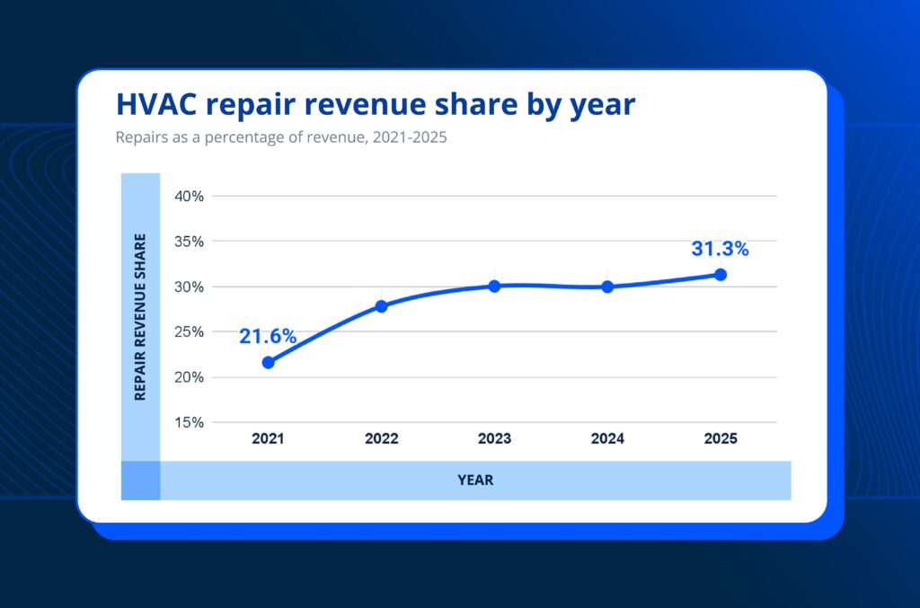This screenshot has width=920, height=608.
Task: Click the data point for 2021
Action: [x=268, y=362]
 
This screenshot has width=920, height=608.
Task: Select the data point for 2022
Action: [x=381, y=305]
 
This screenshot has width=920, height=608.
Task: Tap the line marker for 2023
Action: [x=494, y=286]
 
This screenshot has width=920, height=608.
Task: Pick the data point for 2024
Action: [x=607, y=286]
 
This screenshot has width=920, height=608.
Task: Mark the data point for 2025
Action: [x=721, y=274]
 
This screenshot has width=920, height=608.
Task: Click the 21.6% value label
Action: [x=267, y=336]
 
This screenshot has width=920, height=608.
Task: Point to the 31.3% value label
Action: [x=720, y=249]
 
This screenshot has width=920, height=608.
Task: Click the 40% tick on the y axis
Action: [x=189, y=196]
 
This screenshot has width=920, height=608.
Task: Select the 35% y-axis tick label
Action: [x=189, y=242]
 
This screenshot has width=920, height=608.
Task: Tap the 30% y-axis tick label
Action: [x=189, y=286]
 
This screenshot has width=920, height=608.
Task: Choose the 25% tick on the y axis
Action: [x=189, y=331]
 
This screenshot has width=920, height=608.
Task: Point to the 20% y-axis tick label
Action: [x=189, y=377]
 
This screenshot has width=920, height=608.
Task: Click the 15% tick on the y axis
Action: [x=189, y=422]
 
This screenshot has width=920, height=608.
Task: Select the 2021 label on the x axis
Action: [x=268, y=439]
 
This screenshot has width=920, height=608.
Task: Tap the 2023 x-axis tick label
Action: [x=494, y=439]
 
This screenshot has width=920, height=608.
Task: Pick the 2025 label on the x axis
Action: [x=721, y=439]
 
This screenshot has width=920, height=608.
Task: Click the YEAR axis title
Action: [x=475, y=480]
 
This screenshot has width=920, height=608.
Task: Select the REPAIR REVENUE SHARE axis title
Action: [x=140, y=316]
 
